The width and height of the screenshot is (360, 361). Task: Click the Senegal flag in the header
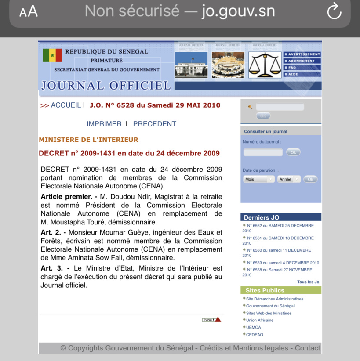coord(52,55)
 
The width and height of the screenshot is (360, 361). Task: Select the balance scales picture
coord(265,65)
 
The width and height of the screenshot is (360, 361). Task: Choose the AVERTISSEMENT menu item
coord(302,54)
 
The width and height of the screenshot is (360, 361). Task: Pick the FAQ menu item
coord(293,68)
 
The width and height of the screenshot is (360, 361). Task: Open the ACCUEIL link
coord(65,105)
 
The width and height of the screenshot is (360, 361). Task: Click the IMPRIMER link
coord(104,124)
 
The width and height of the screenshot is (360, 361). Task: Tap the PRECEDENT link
coord(154,124)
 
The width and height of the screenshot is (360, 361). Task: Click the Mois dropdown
coord(259,179)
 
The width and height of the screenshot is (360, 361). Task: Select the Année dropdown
coord(289,179)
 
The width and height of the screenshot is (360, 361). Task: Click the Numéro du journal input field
coord(263,152)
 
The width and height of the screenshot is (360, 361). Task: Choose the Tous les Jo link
coord(308,282)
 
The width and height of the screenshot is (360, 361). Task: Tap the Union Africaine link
coord(260,320)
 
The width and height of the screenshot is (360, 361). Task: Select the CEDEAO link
coord(255,335)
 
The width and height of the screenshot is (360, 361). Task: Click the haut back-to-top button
coord(211,320)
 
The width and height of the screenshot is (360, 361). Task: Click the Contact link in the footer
coord(307,348)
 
